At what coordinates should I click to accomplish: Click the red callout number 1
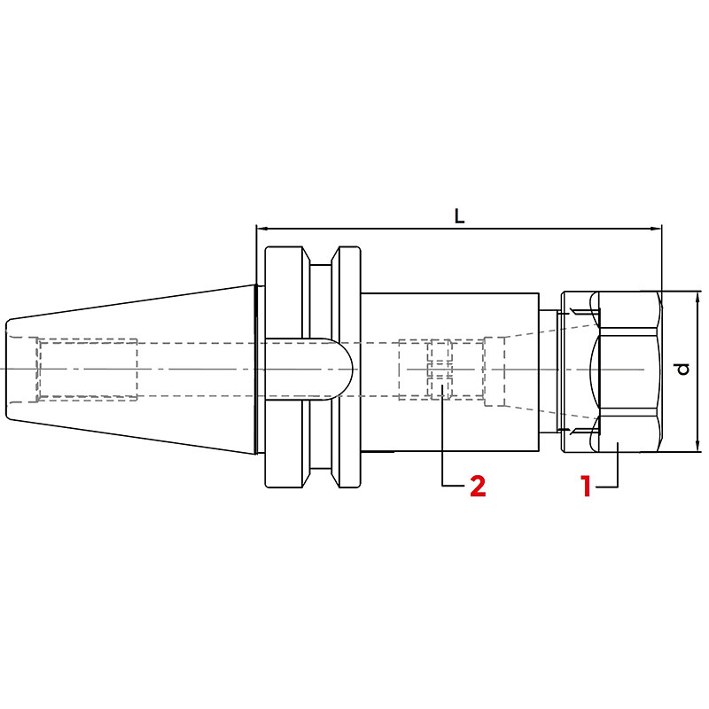[x=587, y=486]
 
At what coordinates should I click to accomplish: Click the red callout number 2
[x=478, y=486]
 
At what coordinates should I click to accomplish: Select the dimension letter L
[x=459, y=216]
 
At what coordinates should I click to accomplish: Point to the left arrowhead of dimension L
[x=261, y=229]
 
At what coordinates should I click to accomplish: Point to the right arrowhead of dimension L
[x=657, y=229]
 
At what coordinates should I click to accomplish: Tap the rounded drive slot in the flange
[x=308, y=369]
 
